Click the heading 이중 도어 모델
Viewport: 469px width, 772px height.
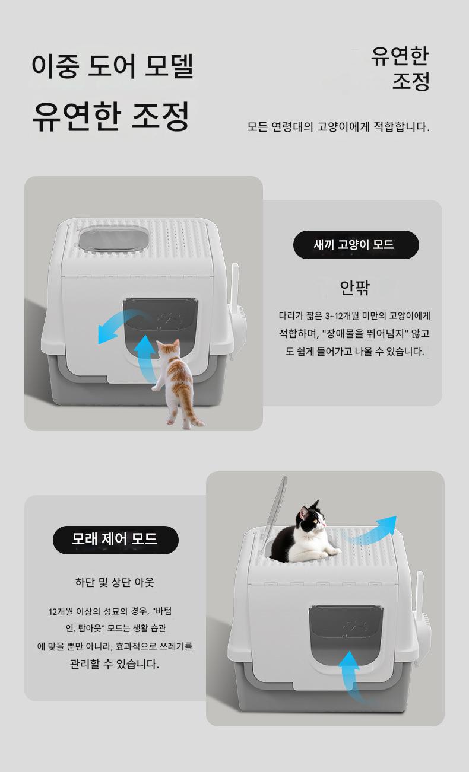[x=112, y=66]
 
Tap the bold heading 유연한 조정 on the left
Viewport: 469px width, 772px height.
[x=111, y=116]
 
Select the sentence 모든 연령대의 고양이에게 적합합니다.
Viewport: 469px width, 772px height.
[x=338, y=127]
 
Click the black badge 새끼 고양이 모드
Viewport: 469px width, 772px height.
[x=356, y=245]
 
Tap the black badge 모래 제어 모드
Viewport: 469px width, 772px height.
[x=116, y=540]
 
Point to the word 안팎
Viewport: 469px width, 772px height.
[x=355, y=288]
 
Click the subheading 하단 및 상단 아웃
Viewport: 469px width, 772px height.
[x=115, y=582]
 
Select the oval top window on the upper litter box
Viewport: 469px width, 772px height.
[x=113, y=238]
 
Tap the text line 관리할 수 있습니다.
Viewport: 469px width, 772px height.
[x=115, y=663]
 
